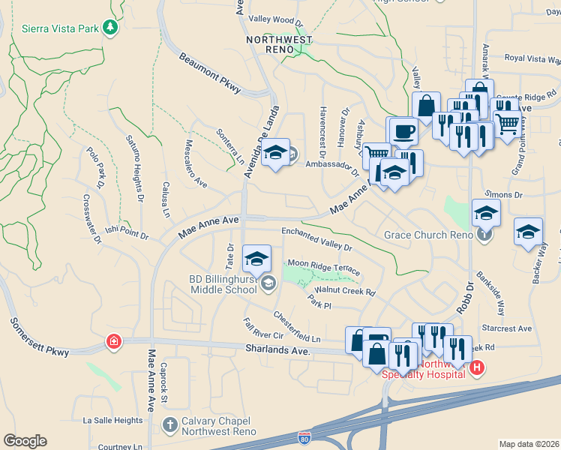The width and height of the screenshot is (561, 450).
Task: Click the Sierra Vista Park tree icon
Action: tap(111, 28)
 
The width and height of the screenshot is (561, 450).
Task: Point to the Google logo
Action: tap(25, 441)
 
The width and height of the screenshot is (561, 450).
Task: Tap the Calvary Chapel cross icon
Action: tap(169, 425)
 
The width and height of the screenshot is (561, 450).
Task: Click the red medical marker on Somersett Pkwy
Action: tap(113, 342)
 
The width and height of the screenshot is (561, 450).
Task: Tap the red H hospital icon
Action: tap(477, 367)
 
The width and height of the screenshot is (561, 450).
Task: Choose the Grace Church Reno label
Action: tap(427, 235)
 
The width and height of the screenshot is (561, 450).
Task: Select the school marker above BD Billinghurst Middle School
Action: tap(257, 259)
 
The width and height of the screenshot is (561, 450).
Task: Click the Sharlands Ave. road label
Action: tap(277, 350)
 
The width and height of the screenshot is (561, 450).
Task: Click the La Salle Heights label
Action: tap(112, 421)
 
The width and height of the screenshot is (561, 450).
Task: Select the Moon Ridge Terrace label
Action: tap(324, 267)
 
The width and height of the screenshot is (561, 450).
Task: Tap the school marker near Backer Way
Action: tap(528, 231)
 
